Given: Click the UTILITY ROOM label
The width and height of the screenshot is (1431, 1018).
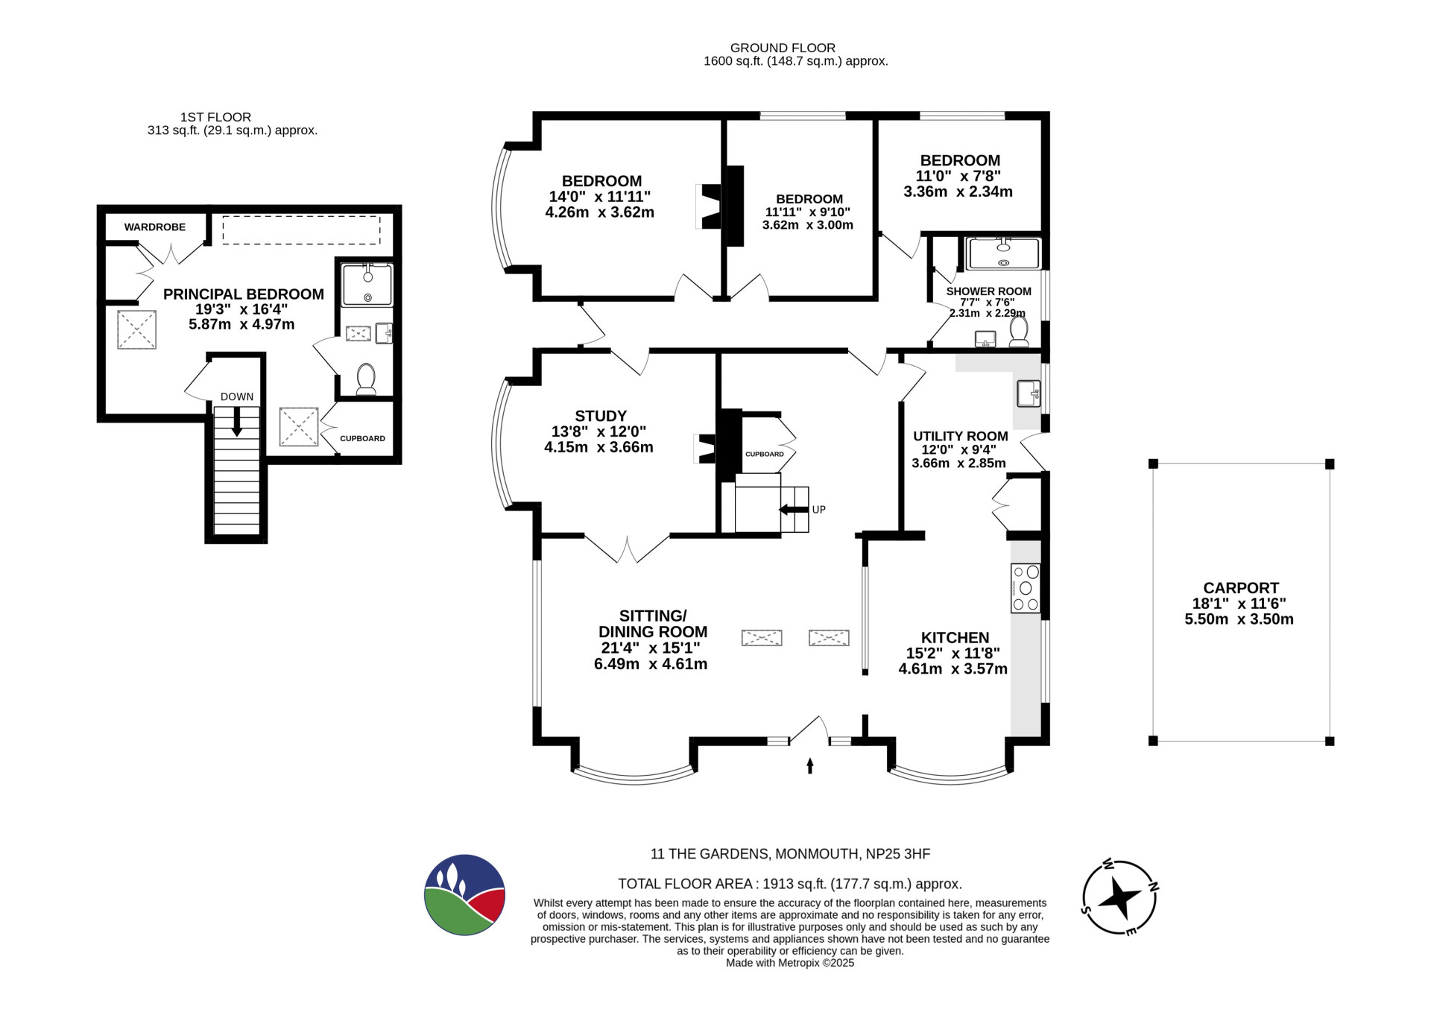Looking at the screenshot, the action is tap(961, 436).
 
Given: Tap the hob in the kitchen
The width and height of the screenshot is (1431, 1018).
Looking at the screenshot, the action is tap(1026, 588).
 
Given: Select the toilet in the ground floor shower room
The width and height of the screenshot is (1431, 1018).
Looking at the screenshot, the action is tap(1019, 332).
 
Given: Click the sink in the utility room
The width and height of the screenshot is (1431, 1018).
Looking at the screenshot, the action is tap(1029, 393).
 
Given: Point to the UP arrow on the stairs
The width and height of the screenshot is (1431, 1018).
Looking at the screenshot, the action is tap(794, 510).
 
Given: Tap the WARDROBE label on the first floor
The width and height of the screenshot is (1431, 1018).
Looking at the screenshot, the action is tap(155, 227).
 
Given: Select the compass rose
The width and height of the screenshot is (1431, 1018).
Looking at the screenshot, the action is tap(1119, 897).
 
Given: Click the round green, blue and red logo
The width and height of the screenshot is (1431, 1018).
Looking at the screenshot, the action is tap(464, 894).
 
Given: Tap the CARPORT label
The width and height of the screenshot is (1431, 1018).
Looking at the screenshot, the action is tap(1241, 587).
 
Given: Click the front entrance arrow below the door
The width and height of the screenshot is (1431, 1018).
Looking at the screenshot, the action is tap(810, 766).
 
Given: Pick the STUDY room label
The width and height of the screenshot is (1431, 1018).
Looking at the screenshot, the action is tap(601, 416).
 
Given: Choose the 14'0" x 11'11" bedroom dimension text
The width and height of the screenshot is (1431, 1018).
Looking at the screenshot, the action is tap(600, 197).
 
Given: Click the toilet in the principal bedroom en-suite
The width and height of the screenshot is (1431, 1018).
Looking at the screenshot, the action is tap(366, 379).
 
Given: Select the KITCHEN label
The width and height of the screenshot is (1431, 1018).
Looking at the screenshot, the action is tap(955, 637).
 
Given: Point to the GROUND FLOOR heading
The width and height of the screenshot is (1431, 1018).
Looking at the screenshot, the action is tap(783, 48).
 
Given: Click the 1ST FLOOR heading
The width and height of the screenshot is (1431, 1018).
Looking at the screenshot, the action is tap(215, 117).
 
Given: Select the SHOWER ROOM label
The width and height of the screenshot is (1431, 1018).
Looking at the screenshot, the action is tap(989, 291).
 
